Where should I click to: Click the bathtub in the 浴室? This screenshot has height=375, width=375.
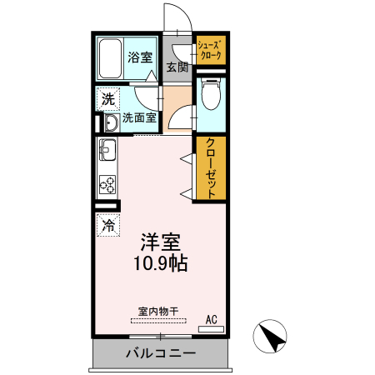point(110,58)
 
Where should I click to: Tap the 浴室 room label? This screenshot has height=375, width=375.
point(140,57)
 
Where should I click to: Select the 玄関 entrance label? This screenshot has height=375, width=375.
point(177,67)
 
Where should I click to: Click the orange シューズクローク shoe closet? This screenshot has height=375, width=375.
point(211,50)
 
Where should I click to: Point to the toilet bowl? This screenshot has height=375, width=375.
point(211,93)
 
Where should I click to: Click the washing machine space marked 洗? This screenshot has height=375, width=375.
point(108,99)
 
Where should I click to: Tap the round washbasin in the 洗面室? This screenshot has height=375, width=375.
point(112,122)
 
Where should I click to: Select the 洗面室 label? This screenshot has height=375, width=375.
point(139,117)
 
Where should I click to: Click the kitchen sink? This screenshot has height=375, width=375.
point(107,150)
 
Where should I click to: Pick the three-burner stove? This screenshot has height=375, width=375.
point(107,185)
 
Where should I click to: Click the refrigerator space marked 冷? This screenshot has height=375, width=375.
point(108,225)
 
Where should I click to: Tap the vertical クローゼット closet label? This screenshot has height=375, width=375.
point(211,168)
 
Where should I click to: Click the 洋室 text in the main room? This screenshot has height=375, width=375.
point(161,242)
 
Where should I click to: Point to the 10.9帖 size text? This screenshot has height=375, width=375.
point(161,263)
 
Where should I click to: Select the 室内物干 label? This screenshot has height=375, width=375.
point(158,312)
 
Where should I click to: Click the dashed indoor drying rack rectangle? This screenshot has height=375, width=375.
point(158,321)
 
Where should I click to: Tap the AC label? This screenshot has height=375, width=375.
point(212,320)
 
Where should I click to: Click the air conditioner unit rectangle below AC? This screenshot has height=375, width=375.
point(211,329)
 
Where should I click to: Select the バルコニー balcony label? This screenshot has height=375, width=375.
point(161,353)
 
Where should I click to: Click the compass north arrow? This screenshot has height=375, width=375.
point(270,336)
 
